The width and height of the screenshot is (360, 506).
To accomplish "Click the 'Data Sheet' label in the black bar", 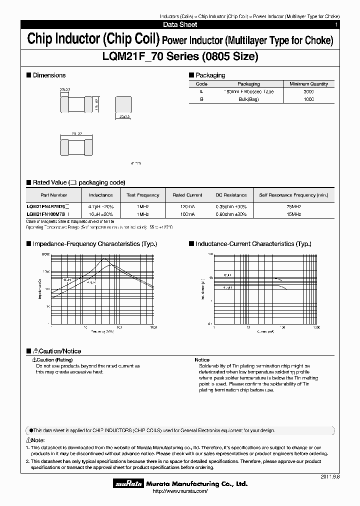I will click(180, 24).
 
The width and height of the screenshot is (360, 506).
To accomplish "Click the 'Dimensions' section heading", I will click(49, 75).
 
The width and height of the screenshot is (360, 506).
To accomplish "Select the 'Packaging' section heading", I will click(210, 75).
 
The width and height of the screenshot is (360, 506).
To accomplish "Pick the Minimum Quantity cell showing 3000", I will click(308, 92).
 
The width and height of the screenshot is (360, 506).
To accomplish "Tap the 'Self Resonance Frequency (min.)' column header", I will click(293, 195).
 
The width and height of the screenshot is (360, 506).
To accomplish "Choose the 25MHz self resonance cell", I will click(293, 206).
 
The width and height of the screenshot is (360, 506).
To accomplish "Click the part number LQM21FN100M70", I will click(45, 214).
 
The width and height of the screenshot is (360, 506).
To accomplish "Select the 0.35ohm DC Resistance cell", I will click(231, 206).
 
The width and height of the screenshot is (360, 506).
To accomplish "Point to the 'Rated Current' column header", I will click(187, 195).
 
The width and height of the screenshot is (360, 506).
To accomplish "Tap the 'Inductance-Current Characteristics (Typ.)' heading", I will click(253, 244).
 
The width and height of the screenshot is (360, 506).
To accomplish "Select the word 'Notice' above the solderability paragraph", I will click(202, 360).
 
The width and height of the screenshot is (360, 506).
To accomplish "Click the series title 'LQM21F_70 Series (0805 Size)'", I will click(179, 57).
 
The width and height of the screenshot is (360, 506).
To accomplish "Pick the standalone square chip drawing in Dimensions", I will click(123, 105).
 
